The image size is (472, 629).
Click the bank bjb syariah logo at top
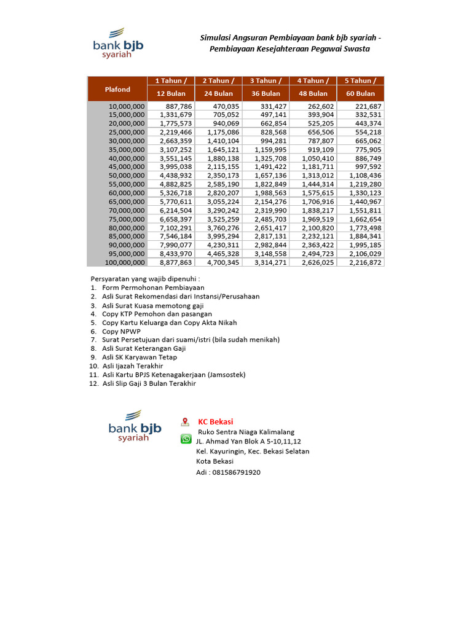118,43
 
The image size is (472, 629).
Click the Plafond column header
117,89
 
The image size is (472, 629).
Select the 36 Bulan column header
266,93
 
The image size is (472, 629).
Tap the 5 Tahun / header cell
361,80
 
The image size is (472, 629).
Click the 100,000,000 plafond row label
125,262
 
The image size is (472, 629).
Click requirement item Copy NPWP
122,330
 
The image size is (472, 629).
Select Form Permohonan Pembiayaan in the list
153,287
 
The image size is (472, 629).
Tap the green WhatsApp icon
186,439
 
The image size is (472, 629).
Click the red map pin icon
185,422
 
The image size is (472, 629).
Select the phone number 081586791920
237,472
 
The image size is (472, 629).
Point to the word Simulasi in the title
216,38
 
